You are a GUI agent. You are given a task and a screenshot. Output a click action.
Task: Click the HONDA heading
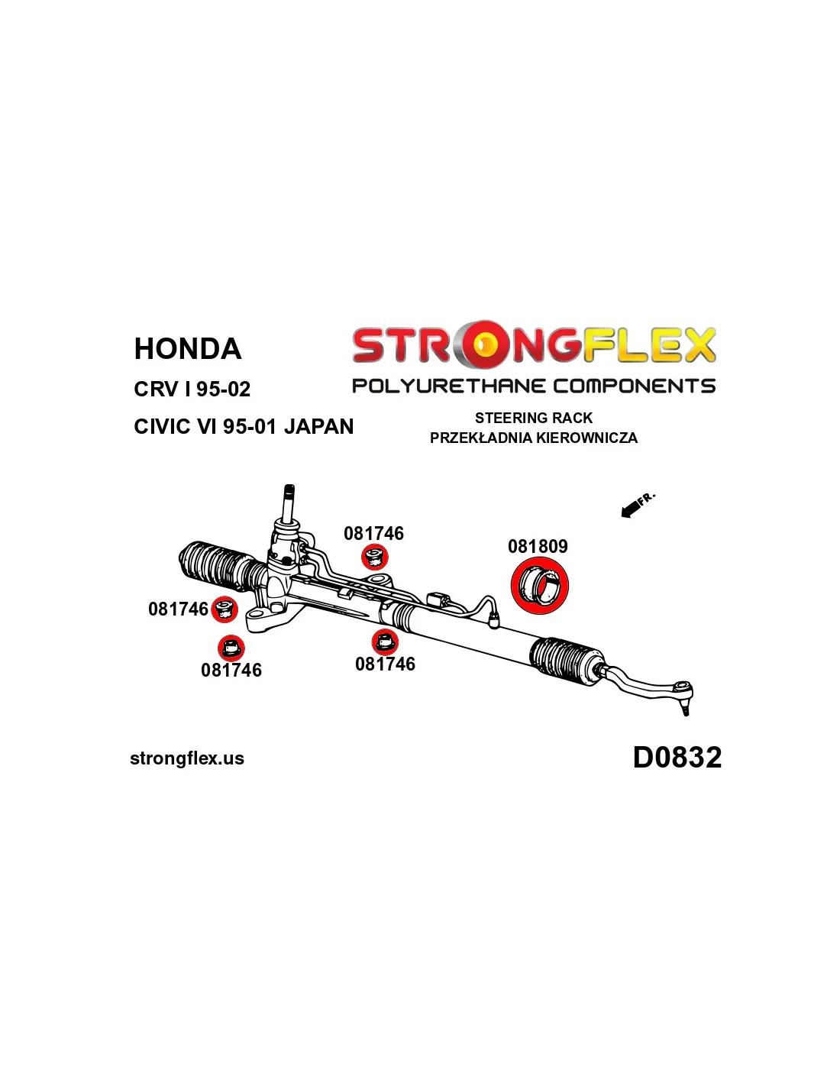pyautogui.click(x=187, y=348)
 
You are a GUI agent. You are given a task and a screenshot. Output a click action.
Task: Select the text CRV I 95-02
pyautogui.click(x=192, y=389)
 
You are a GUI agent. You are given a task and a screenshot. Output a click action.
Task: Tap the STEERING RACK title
pyautogui.click(x=533, y=417)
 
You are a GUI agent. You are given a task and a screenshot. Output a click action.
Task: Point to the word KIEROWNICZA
pyautogui.click(x=586, y=438)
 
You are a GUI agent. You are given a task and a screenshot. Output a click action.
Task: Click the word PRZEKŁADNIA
pyautogui.click(x=481, y=438)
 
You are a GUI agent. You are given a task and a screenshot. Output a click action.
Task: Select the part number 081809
pyautogui.click(x=538, y=546)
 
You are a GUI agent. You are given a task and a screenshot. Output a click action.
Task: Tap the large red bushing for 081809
pyautogui.click(x=540, y=586)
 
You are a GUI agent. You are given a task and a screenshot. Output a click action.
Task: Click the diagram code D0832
pyautogui.click(x=677, y=757)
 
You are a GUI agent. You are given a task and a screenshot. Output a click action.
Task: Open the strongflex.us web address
pyautogui.click(x=187, y=758)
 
